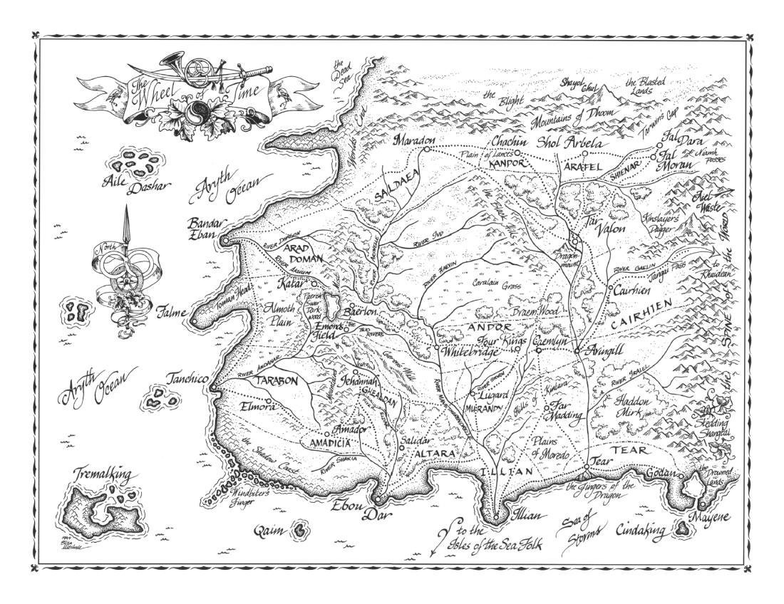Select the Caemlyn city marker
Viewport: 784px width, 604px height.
pyautogui.click(x=539, y=350)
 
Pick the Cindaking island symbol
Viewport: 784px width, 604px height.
pyautogui.click(x=684, y=528)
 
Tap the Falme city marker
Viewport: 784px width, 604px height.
pyautogui.click(x=193, y=323)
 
